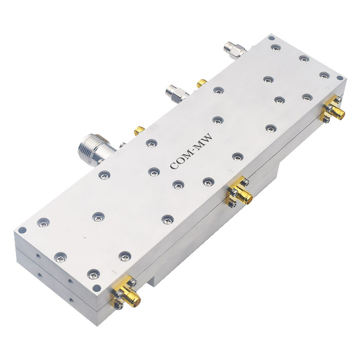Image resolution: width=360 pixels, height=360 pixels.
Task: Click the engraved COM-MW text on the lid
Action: (x=191, y=152)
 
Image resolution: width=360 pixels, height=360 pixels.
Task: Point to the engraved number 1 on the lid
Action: (x=114, y=272)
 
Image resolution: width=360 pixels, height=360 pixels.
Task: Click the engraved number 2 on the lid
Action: (x=231, y=171)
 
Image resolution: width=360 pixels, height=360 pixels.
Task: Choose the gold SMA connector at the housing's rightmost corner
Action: (x=333, y=110)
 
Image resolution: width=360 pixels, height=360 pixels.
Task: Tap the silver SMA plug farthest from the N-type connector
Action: (x=235, y=49)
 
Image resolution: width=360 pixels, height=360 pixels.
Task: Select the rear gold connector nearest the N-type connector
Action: (x=139, y=131)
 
